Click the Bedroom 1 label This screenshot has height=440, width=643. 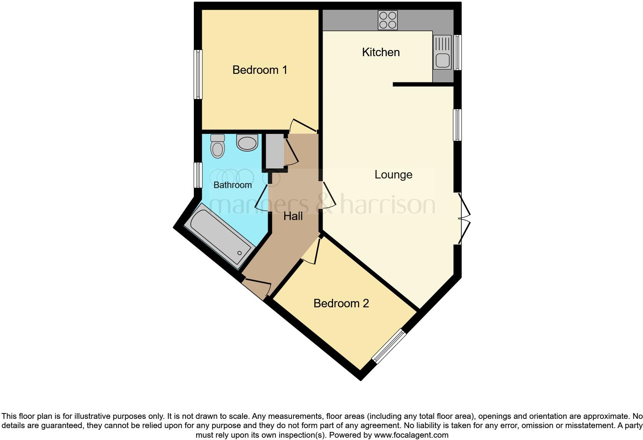pyautogui.click(x=260, y=70)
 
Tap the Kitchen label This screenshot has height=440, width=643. pyautogui.click(x=381, y=52)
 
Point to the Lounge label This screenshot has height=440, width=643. pyautogui.click(x=393, y=175)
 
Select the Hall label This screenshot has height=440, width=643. pyautogui.click(x=293, y=216)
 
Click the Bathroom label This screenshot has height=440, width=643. pyautogui.click(x=232, y=185)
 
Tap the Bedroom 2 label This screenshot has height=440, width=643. pyautogui.click(x=341, y=303)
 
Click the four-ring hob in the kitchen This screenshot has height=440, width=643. pyautogui.click(x=388, y=20)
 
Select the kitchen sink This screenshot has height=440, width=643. pyautogui.click(x=442, y=52)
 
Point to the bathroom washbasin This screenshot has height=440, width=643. pyautogui.click(x=247, y=143)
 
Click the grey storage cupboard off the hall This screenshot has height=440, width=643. pyautogui.click(x=274, y=152)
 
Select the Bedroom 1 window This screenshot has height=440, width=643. pyautogui.click(x=198, y=74)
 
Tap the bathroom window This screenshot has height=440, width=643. pyautogui.click(x=198, y=175)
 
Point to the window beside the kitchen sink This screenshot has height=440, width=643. pyautogui.click(x=458, y=52)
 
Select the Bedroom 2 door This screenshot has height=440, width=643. pyautogui.click(x=312, y=252)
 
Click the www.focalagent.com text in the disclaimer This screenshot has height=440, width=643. pyautogui.click(x=411, y=435)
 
